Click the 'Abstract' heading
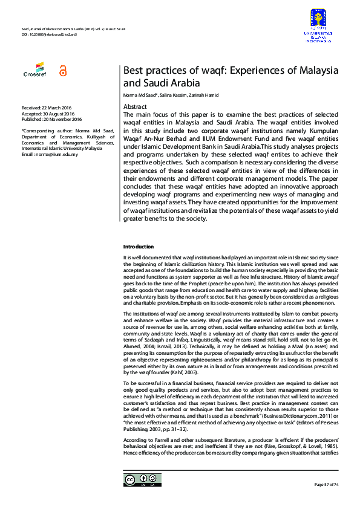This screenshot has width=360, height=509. point(134,106)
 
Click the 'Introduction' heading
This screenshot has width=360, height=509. point(139,247)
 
